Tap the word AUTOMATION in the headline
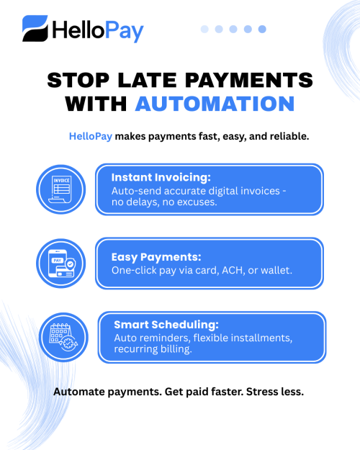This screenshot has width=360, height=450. [x=215, y=103]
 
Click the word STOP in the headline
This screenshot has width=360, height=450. [x=77, y=79]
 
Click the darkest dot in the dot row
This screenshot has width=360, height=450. [x=262, y=29]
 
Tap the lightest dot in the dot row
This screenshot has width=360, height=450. [x=204, y=29]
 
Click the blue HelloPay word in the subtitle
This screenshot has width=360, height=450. [x=91, y=136]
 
